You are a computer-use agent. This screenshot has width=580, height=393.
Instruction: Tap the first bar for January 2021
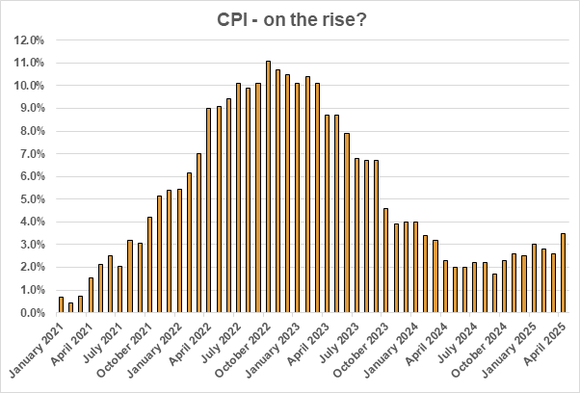[61, 304]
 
